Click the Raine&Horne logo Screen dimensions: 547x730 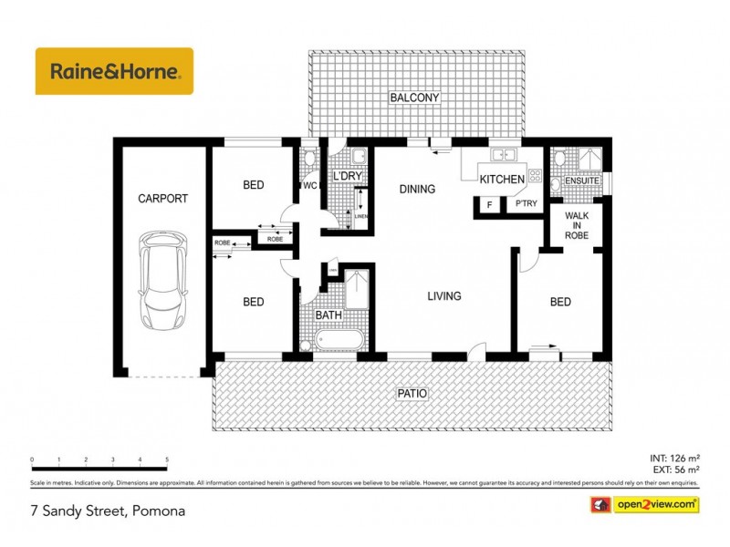[114, 71]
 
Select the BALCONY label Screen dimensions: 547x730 [415, 98]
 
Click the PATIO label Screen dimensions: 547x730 [412, 394]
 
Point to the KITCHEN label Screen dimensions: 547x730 [502, 179]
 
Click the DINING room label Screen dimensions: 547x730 [417, 190]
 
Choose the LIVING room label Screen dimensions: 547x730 [443, 296]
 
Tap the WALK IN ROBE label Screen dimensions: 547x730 [577, 225]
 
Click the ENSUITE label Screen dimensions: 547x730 [582, 181]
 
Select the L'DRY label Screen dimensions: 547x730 [348, 176]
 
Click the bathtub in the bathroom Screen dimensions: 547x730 [339, 342]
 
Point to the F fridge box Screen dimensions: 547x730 [490, 205]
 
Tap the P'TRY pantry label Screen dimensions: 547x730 [526, 205]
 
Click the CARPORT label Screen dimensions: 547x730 [162, 198]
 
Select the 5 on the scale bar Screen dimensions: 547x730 [167, 459]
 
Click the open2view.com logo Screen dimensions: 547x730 [645, 503]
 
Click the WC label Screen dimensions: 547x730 [308, 186]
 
